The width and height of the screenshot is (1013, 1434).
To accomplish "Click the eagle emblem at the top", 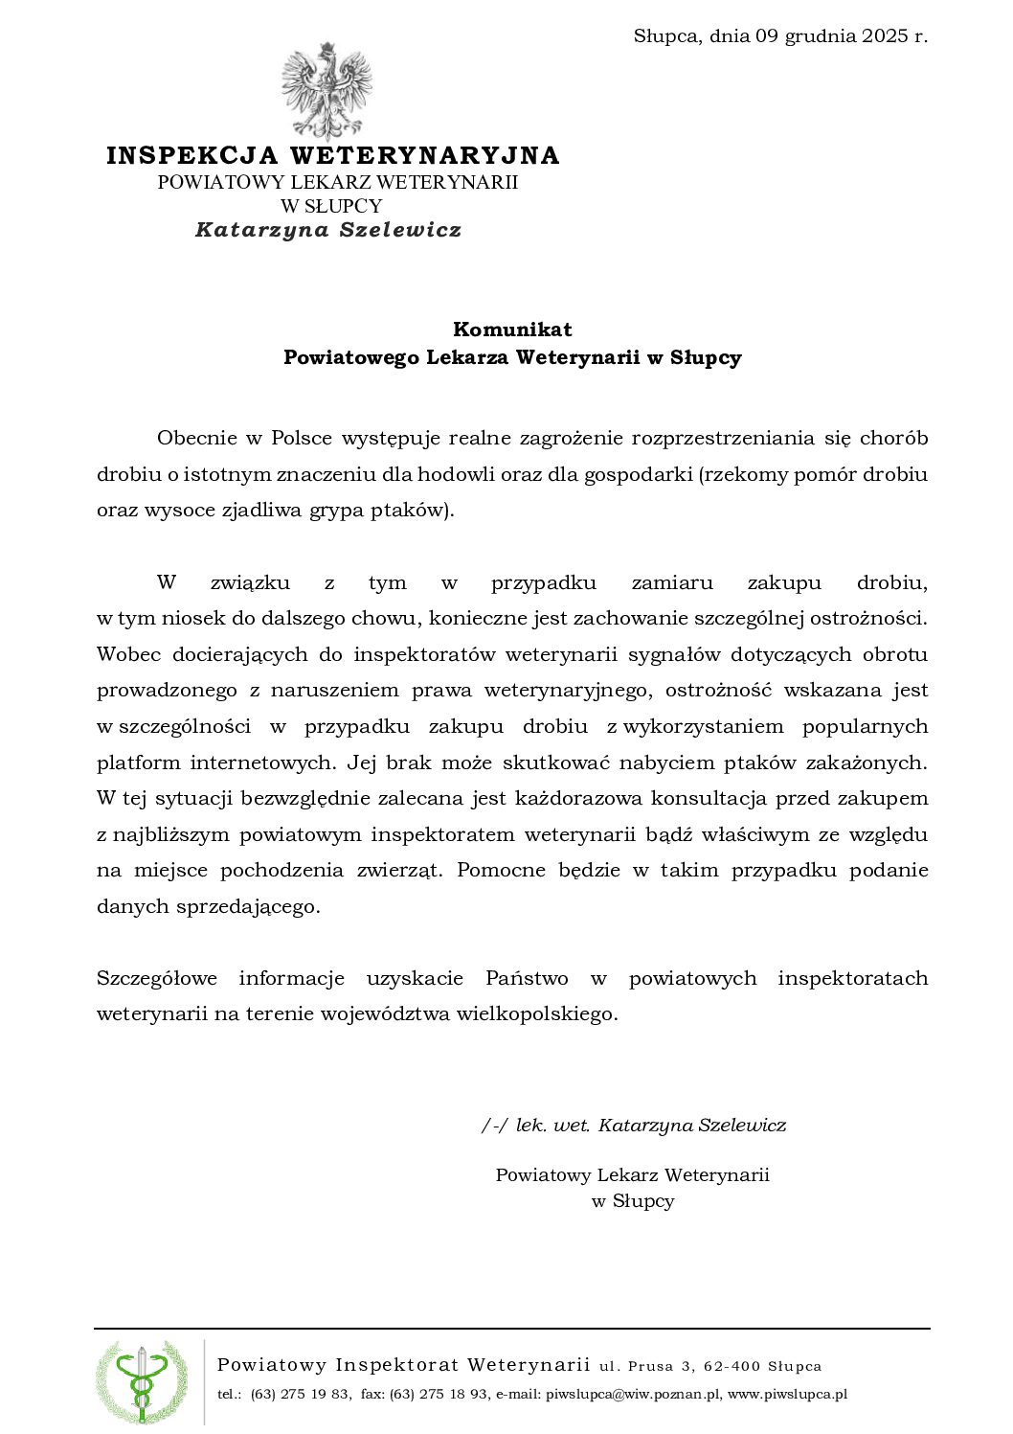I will pyautogui.click(x=326, y=91).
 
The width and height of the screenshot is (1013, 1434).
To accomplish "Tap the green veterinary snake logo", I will pyautogui.click(x=142, y=1380).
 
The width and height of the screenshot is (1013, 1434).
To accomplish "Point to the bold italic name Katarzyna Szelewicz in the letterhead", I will pyautogui.click(x=328, y=230).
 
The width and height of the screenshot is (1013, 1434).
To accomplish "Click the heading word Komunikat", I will pyautogui.click(x=512, y=330).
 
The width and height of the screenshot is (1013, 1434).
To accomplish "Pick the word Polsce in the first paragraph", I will pyautogui.click(x=302, y=439).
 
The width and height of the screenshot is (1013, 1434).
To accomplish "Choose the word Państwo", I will pyautogui.click(x=527, y=978).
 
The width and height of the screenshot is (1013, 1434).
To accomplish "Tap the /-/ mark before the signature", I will pyautogui.click(x=495, y=1125).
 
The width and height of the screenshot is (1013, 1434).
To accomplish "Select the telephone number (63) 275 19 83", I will pyautogui.click(x=300, y=1395).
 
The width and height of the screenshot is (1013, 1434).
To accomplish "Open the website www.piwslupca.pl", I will pyautogui.click(x=787, y=1395).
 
